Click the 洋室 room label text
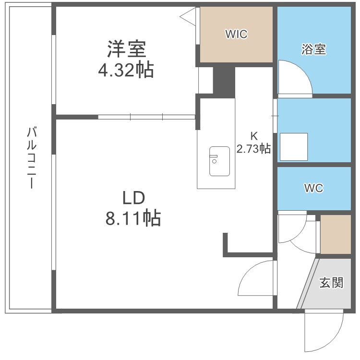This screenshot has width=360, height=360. click(126, 49)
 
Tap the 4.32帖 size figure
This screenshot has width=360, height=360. click(126, 71)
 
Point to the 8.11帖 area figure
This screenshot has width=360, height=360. click(132, 219)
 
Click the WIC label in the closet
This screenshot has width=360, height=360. click(236, 34)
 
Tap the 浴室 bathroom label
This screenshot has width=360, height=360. click(314, 49)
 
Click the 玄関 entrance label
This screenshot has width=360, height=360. click(331, 283)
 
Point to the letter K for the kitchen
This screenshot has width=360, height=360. click(253, 135)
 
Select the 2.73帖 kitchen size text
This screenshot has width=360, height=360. click(253, 149)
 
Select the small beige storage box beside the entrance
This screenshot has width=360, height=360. click(336, 234)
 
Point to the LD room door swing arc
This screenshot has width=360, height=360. click(254, 281)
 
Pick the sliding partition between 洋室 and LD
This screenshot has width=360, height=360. click(146, 116)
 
